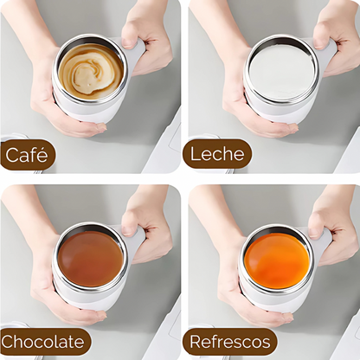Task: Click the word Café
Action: tap(26, 155)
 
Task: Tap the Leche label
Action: tap(217, 154)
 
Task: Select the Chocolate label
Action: tap(44, 342)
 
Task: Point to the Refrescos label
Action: tap(230, 342)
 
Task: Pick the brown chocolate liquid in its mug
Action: tap(90, 259)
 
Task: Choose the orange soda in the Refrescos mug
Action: tap(277, 261)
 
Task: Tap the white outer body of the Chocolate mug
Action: tap(87, 296)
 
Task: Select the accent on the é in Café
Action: tap(42, 148)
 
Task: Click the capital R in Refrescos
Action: tap(196, 342)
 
